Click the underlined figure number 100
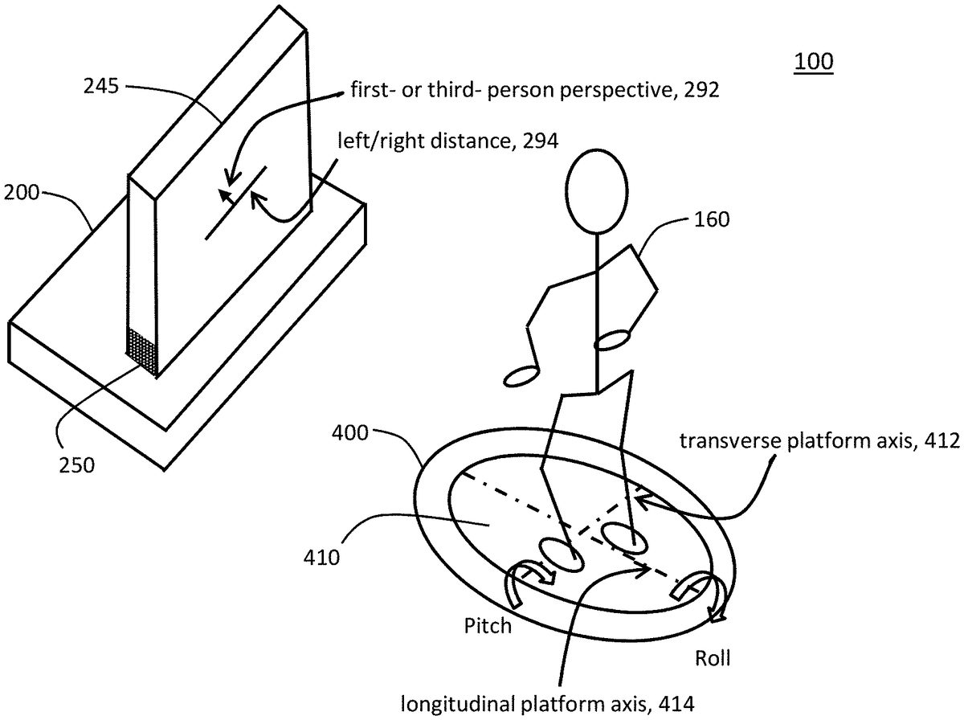click(x=814, y=62)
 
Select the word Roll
click(x=711, y=659)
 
